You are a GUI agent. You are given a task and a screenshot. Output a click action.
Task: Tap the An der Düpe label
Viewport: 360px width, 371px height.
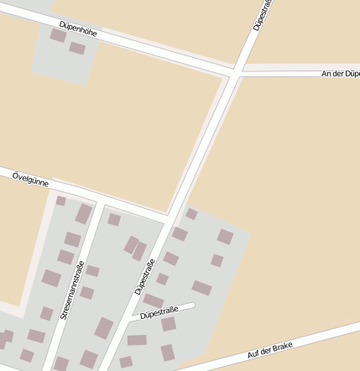click(340, 74)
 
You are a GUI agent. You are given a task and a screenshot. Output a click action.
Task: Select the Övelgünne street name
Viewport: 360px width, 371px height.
click(30, 178)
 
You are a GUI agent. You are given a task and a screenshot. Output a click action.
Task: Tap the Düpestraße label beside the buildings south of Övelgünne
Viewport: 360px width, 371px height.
click(145, 277)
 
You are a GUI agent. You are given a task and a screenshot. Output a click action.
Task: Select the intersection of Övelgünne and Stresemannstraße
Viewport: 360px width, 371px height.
click(99, 201)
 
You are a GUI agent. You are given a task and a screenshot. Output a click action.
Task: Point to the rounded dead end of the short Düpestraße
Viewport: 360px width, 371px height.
click(192, 306)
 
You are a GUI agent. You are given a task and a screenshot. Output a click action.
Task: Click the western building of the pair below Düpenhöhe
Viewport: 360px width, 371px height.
click(58, 35)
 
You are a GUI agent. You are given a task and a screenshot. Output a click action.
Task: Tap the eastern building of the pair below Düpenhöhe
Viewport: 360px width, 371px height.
click(77, 48)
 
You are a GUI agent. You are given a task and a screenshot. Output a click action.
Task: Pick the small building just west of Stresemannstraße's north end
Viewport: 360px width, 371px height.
click(60, 201)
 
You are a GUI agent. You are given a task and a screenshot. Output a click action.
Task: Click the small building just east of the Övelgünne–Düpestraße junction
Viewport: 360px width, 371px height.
click(191, 214)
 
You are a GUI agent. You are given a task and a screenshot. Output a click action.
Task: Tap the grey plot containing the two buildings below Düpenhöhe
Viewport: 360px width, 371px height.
click(63, 63)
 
